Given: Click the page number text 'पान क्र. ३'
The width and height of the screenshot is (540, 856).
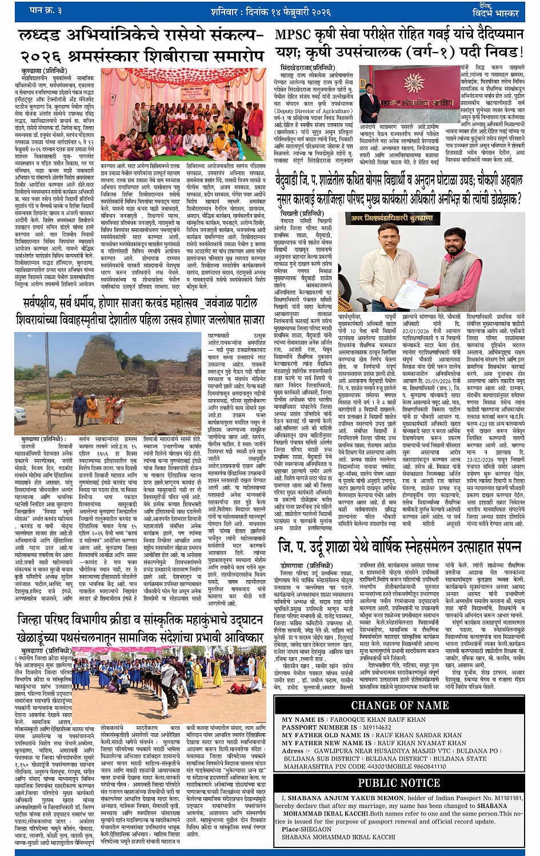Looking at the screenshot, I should (46, 10).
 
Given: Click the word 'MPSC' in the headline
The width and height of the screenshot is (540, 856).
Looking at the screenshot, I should (293, 34).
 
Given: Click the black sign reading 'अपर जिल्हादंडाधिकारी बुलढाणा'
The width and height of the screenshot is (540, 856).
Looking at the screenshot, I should (392, 218).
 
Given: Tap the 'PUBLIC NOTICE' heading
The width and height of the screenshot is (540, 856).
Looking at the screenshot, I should (399, 782).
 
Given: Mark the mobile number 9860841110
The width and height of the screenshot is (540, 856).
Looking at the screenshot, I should (422, 766).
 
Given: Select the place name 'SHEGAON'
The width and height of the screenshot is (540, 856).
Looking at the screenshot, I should (315, 829).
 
